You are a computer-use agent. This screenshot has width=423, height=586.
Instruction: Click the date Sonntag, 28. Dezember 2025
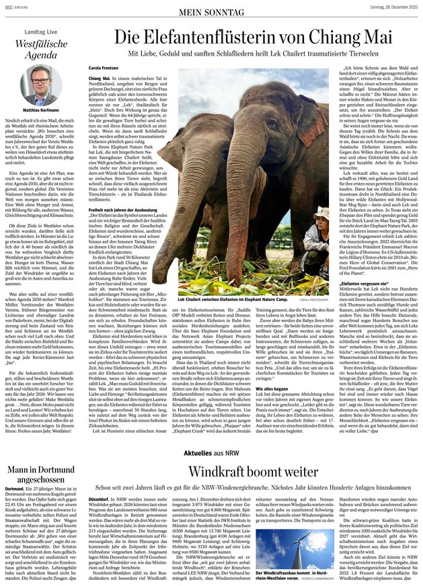[x=383, y=7]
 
